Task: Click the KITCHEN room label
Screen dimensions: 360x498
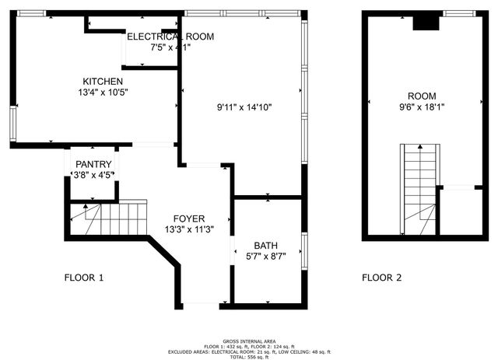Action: pyautogui.click(x=103, y=81)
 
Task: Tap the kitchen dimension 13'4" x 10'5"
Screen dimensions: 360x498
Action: pyautogui.click(x=103, y=92)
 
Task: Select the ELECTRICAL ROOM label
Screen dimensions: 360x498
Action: pyautogui.click(x=170, y=37)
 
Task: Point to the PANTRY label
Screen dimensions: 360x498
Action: pyautogui.click(x=93, y=164)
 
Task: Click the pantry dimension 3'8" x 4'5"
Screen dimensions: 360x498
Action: pyautogui.click(x=93, y=174)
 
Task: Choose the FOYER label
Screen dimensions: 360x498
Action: pyautogui.click(x=189, y=218)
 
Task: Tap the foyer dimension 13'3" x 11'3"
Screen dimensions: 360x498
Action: pyautogui.click(x=189, y=229)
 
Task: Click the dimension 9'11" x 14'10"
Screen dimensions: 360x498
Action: pyautogui.click(x=244, y=107)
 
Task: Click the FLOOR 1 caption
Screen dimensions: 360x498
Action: pyautogui.click(x=84, y=277)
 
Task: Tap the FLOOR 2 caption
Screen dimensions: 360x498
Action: pyautogui.click(x=381, y=277)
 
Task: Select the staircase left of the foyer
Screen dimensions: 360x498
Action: pyautogui.click(x=108, y=218)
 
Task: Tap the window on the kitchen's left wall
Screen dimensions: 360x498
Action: pyautogui.click(x=12, y=124)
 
